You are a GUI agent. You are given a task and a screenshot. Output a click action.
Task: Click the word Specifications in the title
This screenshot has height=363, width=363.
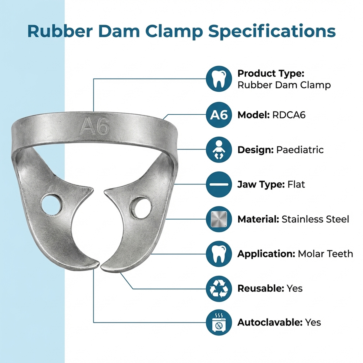point(272,31)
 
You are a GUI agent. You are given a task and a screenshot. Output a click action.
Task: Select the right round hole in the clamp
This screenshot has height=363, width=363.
point(141,208)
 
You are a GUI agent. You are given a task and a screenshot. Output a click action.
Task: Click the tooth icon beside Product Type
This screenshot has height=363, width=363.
point(219,79)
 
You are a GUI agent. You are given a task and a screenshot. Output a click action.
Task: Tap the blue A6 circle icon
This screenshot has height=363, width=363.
point(219,115)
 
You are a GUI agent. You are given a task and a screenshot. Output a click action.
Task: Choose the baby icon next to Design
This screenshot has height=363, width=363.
point(219,150)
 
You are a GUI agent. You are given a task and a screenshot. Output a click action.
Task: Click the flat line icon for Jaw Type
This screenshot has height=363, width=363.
point(219,184)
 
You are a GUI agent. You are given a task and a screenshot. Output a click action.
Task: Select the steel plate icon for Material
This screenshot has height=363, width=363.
point(219,219)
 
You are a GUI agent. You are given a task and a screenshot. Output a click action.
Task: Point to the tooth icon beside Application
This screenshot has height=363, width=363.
point(219,253)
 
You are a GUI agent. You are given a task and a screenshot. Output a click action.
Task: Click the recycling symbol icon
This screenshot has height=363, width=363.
point(219,288)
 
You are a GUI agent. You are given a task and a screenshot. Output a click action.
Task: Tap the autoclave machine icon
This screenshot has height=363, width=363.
point(219,322)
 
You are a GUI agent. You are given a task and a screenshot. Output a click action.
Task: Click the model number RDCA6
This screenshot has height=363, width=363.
point(289,115)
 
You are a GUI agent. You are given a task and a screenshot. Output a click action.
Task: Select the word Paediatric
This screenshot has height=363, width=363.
point(300,150)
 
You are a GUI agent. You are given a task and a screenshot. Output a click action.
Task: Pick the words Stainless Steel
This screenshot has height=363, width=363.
point(315,219)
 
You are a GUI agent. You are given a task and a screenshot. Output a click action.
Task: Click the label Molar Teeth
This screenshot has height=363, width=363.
point(325,253)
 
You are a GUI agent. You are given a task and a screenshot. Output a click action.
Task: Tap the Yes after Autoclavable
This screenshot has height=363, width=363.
point(313,322)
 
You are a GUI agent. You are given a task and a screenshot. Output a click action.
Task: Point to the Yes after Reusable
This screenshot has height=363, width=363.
point(294,288)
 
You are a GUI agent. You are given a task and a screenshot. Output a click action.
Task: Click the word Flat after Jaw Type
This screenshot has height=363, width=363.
point(296,184)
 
